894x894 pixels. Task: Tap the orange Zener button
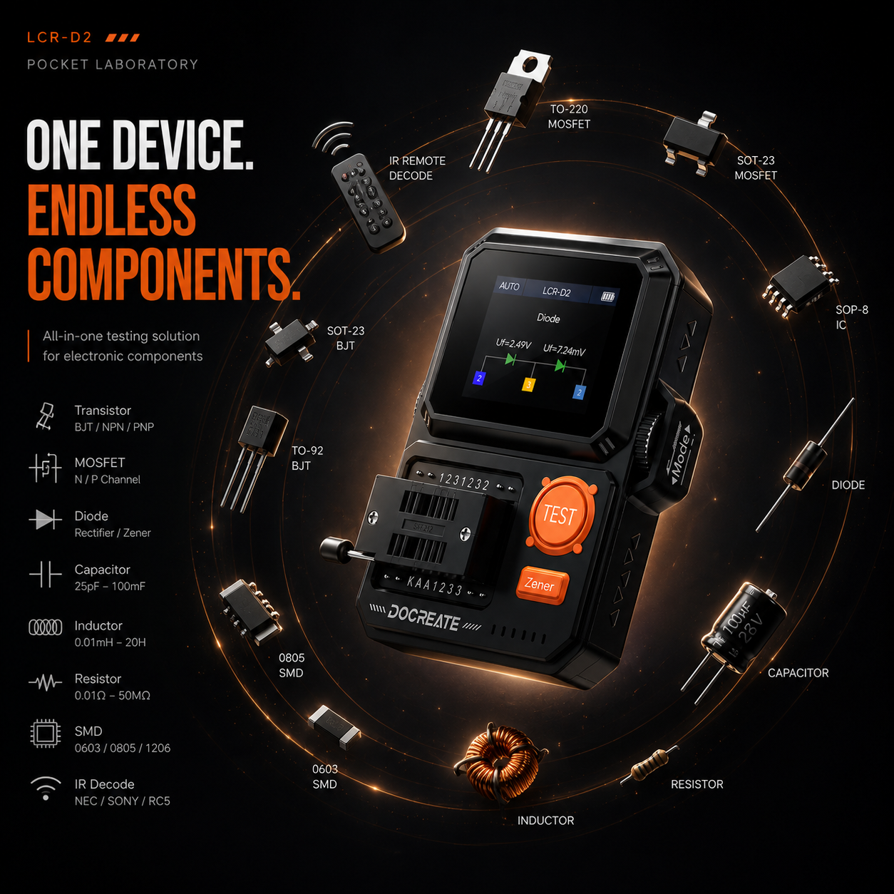[x=543, y=585]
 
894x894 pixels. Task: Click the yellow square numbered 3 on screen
[x=529, y=384]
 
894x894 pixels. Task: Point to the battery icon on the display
[x=607, y=297]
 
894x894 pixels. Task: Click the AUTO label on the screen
[x=509, y=287]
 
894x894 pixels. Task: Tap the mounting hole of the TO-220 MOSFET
[x=530, y=64]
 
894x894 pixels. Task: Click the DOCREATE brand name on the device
[x=423, y=618]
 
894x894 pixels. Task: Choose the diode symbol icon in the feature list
[x=45, y=520]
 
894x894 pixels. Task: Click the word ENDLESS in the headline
[x=111, y=210]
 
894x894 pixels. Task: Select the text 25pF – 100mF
[x=110, y=587]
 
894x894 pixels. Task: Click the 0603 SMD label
[x=325, y=776]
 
